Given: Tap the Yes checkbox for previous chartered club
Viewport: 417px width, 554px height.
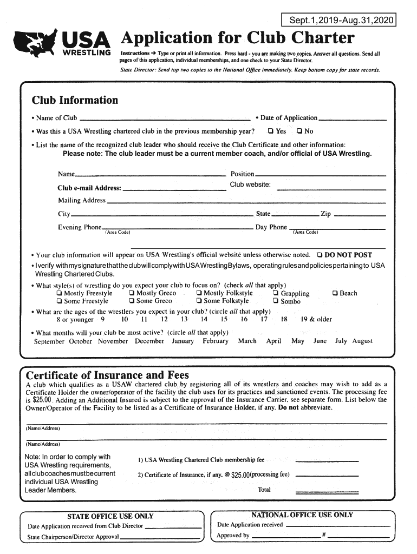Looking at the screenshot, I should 270,131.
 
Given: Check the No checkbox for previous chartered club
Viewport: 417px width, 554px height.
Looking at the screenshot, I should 299,131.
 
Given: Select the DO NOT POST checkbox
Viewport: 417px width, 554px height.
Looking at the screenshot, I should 320,255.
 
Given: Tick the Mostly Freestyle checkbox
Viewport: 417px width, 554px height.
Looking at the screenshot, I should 59,293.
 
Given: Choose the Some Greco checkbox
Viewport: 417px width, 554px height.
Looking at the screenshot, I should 132,301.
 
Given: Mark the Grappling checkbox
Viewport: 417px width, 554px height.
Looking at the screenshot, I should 276,293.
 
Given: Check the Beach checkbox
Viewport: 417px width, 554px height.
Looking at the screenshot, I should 335,293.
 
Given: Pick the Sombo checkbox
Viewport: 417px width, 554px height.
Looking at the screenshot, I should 276,301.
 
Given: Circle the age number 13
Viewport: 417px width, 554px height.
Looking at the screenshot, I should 184,319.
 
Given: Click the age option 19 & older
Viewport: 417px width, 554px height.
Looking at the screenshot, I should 316,319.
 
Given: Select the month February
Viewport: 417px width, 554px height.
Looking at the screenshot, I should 216,341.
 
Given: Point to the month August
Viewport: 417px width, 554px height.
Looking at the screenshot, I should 362,341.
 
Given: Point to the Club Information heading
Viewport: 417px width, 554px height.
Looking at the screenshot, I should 75,100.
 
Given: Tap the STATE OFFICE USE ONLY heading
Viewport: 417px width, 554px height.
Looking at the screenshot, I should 110,516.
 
